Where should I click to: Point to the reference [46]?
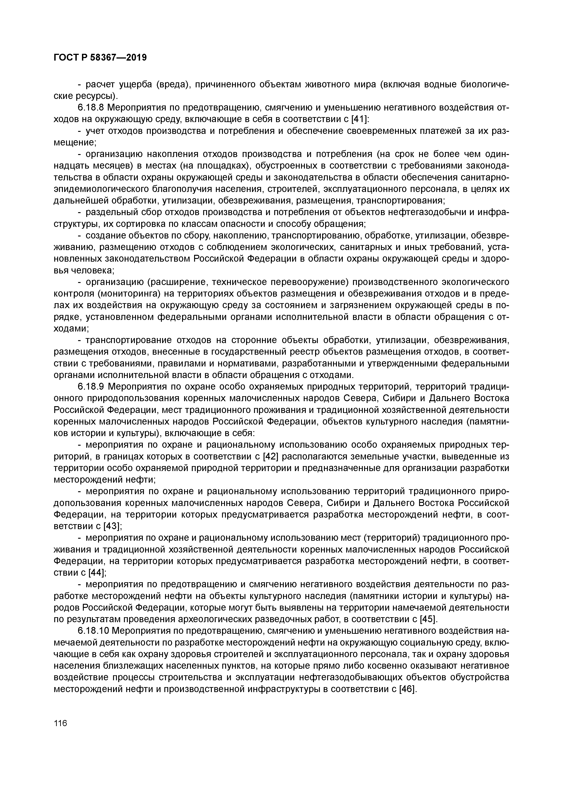[407, 689]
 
